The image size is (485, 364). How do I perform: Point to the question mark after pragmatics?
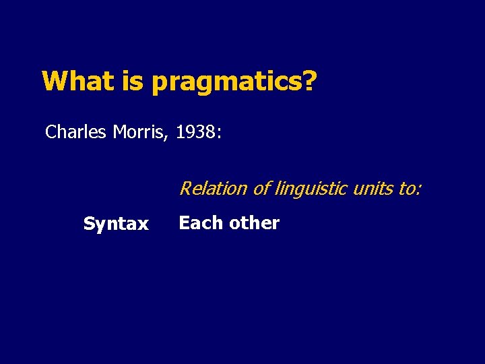pos(309,81)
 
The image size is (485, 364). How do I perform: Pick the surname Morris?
pos(139,131)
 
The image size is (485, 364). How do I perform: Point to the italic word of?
pos(262,188)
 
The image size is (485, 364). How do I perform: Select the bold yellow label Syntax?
pos(116,224)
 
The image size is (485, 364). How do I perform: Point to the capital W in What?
pos(54,81)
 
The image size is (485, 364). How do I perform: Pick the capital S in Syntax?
pos(88,224)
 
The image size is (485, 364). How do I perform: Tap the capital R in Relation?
pos(185,188)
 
